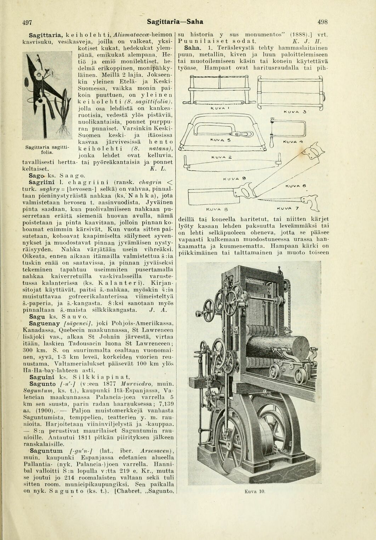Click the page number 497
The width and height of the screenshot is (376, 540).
[x=27, y=22]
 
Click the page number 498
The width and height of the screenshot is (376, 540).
[x=323, y=22]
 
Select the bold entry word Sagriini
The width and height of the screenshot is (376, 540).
[x=42, y=182]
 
